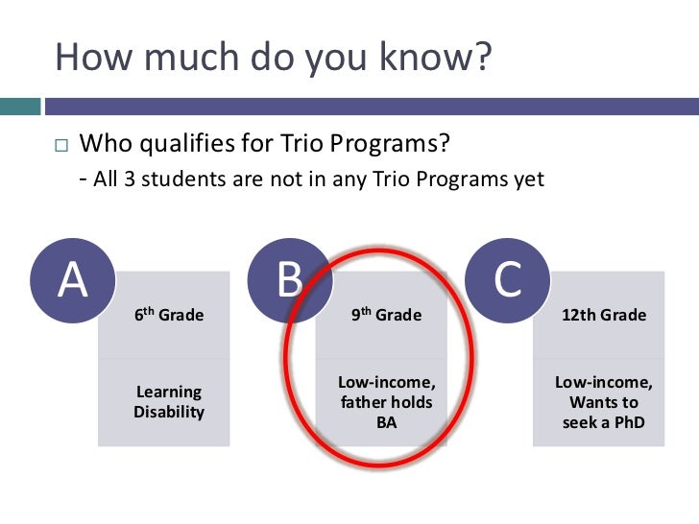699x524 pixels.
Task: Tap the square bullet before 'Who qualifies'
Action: pyautogui.click(x=62, y=146)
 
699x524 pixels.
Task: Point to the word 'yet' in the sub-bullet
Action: pyautogui.click(x=529, y=179)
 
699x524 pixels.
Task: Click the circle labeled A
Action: pyautogui.click(x=73, y=279)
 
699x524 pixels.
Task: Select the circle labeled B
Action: pyautogui.click(x=290, y=279)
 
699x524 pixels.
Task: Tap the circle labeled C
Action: pyautogui.click(x=508, y=279)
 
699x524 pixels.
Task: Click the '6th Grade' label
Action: pyautogui.click(x=169, y=315)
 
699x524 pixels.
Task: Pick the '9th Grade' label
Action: pyautogui.click(x=386, y=315)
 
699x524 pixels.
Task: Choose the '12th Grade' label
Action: pyautogui.click(x=604, y=315)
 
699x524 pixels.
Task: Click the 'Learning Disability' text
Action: pyautogui.click(x=169, y=402)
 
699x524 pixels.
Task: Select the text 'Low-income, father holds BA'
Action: pyautogui.click(x=386, y=402)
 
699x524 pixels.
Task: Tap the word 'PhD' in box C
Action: pyautogui.click(x=627, y=422)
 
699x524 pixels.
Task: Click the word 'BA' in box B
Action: pyautogui.click(x=386, y=422)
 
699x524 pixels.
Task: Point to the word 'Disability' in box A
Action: pyautogui.click(x=169, y=413)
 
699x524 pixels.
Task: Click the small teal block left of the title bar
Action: pyautogui.click(x=19, y=105)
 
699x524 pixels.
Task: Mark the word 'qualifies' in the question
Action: pyautogui.click(x=213, y=145)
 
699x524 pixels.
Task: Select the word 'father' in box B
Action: pyautogui.click(x=362, y=402)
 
